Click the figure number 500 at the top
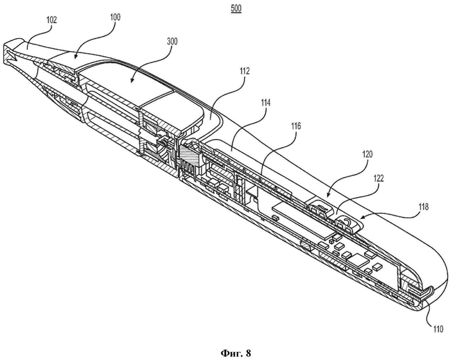pos(236,9)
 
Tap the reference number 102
pos(52,20)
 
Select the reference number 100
pos(115,17)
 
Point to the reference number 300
pos(172,42)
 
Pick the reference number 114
pos(265,103)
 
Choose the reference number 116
pos(295,125)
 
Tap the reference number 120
pos(367,154)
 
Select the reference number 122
pos(379,179)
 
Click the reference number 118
pos(423,207)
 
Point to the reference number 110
pos(438,329)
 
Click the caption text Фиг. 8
pos(236,353)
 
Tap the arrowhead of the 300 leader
pos(131,81)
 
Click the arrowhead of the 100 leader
pos(73,58)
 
